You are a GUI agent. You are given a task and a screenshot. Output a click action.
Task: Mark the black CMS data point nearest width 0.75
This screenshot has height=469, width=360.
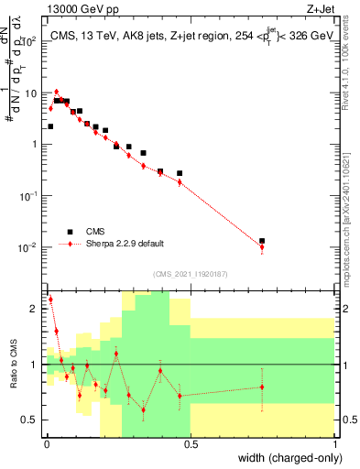coord(262,241)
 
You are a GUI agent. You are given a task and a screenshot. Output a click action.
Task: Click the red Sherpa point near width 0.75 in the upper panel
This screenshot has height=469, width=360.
coord(262,247)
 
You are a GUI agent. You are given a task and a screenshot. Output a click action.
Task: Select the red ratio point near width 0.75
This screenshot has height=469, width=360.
coord(262,387)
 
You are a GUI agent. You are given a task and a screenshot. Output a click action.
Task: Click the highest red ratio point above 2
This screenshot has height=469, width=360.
coord(49,300)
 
